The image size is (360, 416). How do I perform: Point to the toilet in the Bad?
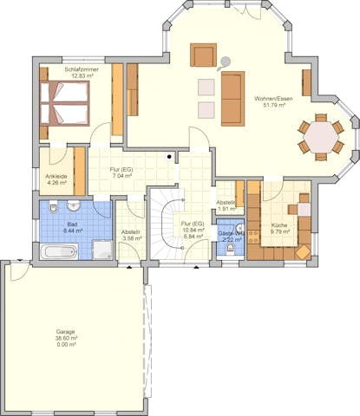click(53, 208)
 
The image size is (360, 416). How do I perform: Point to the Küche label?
click(278, 225)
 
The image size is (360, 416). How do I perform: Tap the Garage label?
click(66, 331)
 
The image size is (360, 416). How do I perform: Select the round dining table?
click(321, 136)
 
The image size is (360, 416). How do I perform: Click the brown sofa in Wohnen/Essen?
click(232, 96)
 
